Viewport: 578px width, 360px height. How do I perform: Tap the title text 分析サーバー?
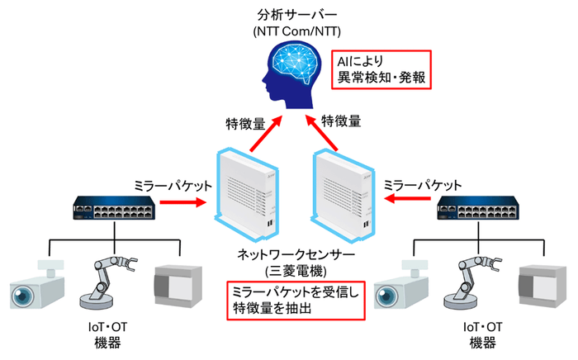[289, 14]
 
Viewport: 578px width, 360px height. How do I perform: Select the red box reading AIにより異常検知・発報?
[381, 71]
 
